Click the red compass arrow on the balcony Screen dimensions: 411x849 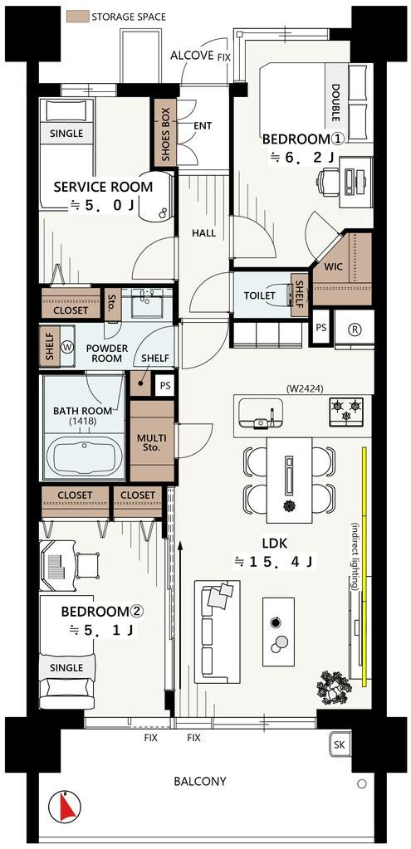click(x=66, y=807)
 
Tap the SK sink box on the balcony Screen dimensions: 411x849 click(x=340, y=745)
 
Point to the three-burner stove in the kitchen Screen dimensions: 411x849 click(x=346, y=409)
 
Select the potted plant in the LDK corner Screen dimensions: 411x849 click(x=332, y=686)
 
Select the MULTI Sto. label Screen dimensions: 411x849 click(x=152, y=443)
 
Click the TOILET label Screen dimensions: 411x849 click(x=259, y=295)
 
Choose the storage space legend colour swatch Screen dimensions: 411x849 click(x=76, y=17)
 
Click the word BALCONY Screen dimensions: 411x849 click(x=200, y=781)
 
